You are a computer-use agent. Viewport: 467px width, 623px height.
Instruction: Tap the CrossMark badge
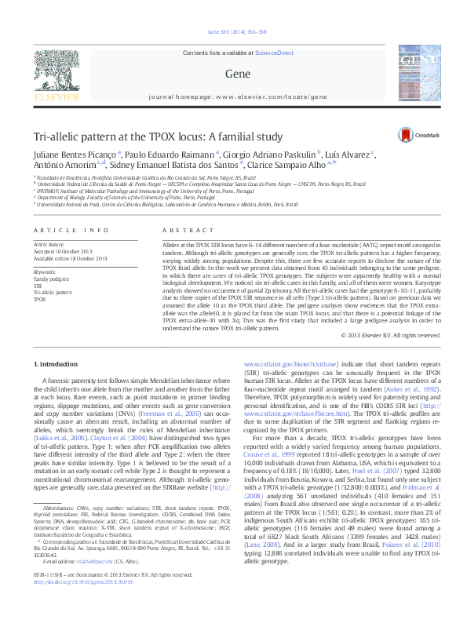418,136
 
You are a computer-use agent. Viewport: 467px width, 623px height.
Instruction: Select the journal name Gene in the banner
232,74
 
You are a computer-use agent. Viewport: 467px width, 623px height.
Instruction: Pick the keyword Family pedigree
49,279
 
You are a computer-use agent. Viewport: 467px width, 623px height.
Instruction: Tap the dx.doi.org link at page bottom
78,599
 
